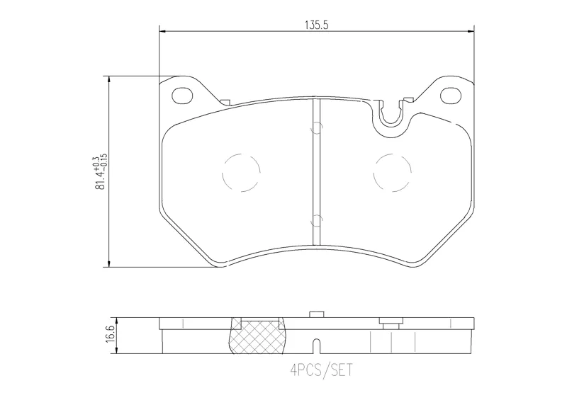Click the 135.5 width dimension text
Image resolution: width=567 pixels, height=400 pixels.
tap(316, 25)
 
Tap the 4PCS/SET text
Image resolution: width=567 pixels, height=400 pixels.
tap(321, 370)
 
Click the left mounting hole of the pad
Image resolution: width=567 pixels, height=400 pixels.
tap(183, 96)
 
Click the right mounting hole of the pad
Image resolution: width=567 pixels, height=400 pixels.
tap(451, 95)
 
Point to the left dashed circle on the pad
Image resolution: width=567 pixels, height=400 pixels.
tap(241, 173)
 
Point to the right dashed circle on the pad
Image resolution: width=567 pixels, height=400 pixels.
tap(393, 173)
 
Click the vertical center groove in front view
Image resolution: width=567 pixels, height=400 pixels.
tap(316, 171)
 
